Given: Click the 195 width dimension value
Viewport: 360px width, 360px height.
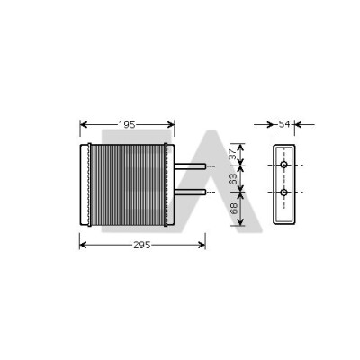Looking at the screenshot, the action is tap(127, 125).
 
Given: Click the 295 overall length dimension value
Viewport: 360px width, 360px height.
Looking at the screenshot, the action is tap(142, 245).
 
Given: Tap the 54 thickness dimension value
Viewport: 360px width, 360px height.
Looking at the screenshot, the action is tap(284, 124).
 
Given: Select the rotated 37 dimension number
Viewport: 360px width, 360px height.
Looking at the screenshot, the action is tap(233, 155).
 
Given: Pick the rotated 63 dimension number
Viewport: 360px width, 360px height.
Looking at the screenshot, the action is tap(233, 179).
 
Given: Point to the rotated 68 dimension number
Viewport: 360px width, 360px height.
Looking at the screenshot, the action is tap(234, 209).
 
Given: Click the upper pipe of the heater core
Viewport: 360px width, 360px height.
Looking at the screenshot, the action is tap(190, 166).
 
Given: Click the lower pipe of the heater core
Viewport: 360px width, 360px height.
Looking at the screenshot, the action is tap(190, 193).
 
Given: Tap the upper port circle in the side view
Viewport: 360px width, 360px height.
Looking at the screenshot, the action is tap(283, 165).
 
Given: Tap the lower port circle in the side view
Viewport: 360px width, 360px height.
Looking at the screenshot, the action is tap(283, 193).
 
